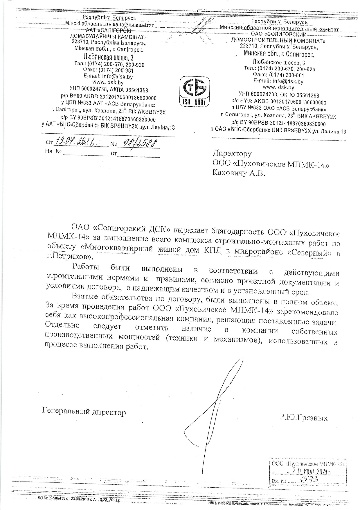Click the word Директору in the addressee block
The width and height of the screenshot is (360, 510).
coord(232,153)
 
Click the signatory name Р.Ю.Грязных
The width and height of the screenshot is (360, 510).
coord(303,418)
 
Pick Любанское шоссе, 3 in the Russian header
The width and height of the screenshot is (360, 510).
coord(279,62)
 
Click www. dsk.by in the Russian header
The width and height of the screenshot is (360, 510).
coord(278,87)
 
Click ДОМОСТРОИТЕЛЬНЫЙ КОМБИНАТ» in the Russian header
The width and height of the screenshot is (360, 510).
coord(278,40)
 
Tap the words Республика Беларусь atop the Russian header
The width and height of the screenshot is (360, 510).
coord(279,22)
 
